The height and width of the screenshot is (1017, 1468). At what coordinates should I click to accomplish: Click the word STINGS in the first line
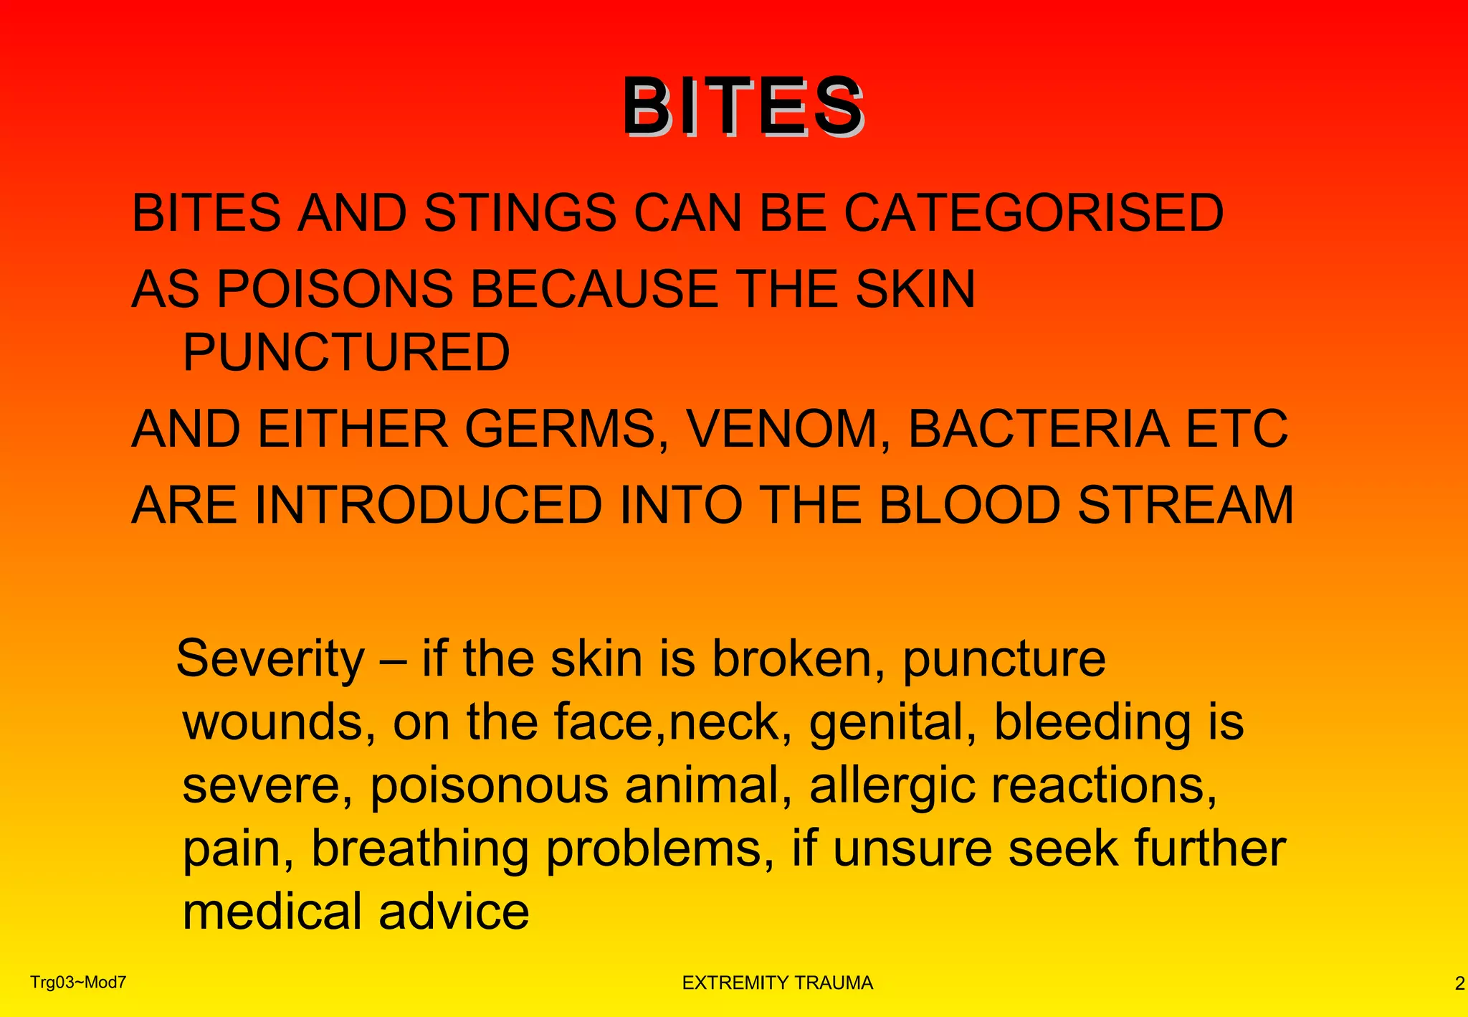coord(520,213)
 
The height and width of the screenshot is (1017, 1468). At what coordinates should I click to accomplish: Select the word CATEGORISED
coord(1033,213)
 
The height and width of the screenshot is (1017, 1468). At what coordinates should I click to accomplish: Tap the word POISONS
coord(335,289)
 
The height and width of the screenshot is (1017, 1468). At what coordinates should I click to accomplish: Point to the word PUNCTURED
coord(345,352)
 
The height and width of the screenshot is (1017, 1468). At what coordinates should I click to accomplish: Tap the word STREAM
coord(1186,506)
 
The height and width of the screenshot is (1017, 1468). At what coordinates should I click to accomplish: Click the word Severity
coord(270,659)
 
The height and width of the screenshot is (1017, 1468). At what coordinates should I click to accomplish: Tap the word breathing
coord(420,849)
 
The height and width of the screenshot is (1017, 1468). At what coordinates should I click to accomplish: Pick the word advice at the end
coord(454,912)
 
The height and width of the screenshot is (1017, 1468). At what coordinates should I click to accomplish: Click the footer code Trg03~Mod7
coord(78,983)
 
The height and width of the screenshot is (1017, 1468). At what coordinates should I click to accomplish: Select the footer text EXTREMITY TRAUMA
coord(777,983)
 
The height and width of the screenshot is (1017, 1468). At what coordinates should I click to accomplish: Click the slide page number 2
coord(1459,984)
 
